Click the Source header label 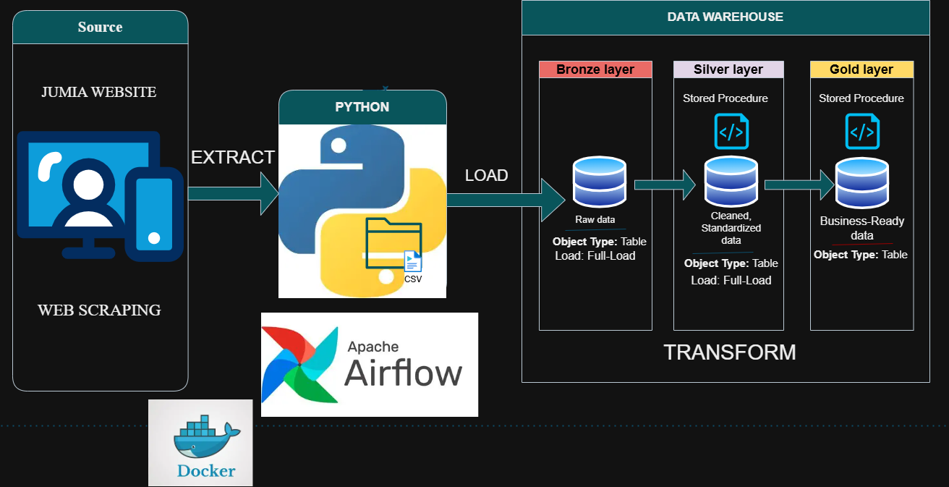point(100,27)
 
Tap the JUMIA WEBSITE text point(98,92)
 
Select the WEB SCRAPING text point(99,310)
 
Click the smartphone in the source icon point(153,213)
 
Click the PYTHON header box point(362,107)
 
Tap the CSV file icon point(412,263)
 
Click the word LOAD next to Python point(486,175)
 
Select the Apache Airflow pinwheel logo point(299,364)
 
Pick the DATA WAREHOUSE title point(725,17)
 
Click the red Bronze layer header point(595,69)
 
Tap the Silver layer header point(728,69)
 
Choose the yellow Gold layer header point(861,69)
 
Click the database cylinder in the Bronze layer point(599,182)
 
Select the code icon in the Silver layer point(731,132)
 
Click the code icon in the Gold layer point(861,132)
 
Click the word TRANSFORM point(729,352)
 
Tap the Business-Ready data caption point(861,228)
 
